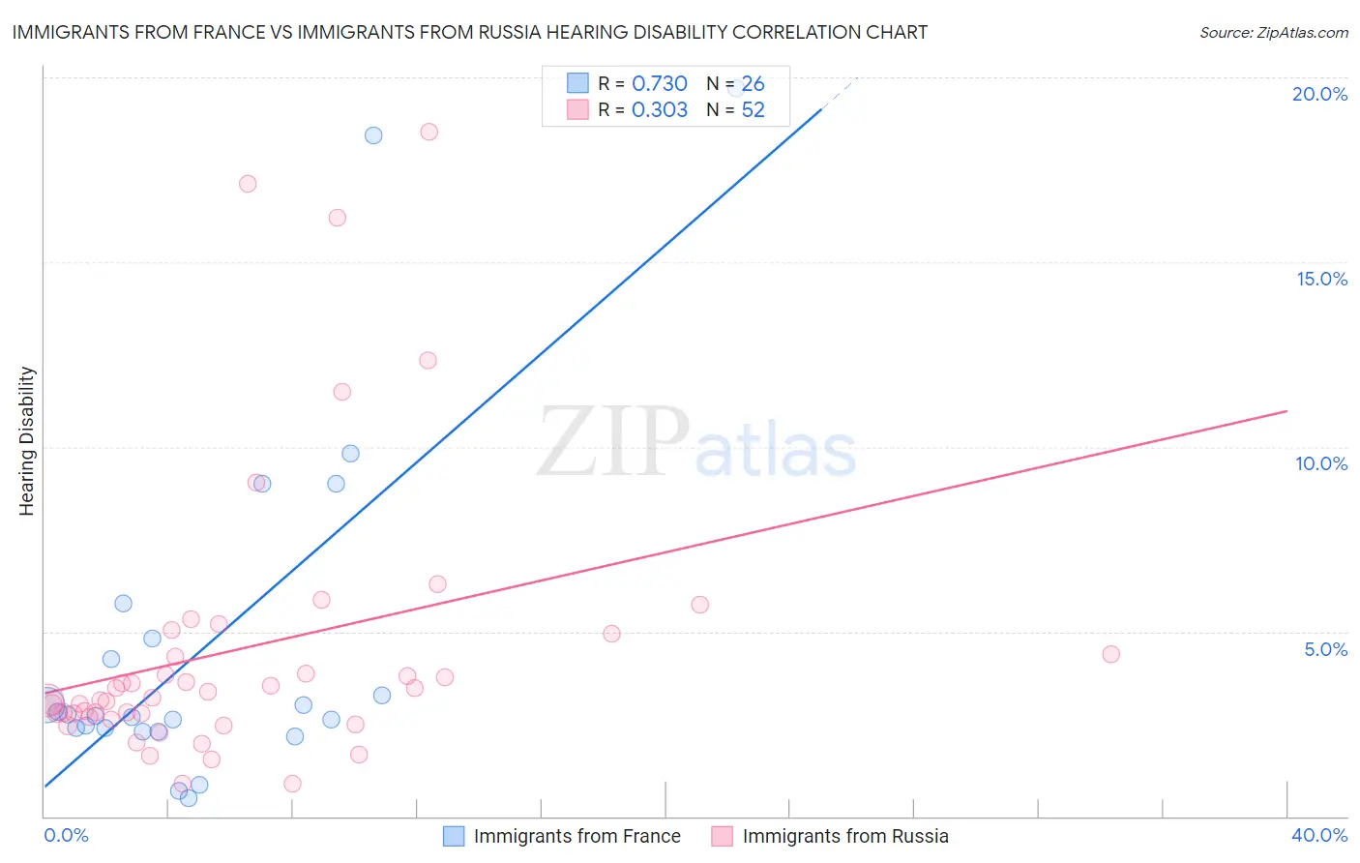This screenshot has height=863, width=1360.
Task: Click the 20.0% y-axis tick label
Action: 1319,94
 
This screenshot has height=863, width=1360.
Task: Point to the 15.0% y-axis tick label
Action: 1321,279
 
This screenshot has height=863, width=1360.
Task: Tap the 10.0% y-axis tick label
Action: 1321,463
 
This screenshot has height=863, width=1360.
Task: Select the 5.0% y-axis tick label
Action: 1325,649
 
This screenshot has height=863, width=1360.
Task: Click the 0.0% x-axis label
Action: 67,835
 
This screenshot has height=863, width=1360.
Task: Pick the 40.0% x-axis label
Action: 1318,835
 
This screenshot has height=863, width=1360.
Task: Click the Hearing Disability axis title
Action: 26,441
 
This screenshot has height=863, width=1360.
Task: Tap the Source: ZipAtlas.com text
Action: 1273,32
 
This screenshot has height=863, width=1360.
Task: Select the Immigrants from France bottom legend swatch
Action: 453,836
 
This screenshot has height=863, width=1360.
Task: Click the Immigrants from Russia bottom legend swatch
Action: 722,836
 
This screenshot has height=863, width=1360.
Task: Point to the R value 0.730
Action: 659,83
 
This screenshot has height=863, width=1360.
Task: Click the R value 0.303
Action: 659,109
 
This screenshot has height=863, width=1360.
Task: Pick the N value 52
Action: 753,109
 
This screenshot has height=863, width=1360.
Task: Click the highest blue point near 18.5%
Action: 373,135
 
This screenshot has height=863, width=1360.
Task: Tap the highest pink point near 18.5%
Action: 429,132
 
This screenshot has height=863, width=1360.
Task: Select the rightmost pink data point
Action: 1110,654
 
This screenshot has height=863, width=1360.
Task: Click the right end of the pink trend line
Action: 1286,411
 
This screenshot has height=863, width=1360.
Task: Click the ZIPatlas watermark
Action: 696,443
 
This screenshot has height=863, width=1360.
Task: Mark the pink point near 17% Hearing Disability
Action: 248,184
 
